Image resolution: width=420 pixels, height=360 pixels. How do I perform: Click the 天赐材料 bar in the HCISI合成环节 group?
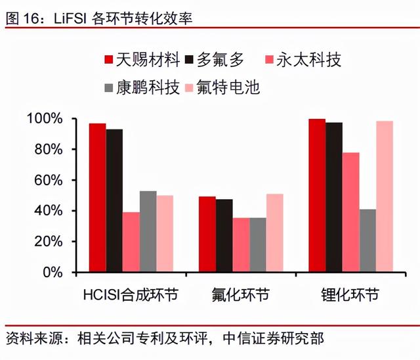(x=97, y=197)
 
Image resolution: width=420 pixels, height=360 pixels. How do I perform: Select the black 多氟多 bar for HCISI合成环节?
(x=114, y=200)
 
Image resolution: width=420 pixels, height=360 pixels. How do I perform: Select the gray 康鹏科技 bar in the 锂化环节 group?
(x=367, y=240)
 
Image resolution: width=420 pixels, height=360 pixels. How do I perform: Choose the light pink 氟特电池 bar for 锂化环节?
(x=384, y=196)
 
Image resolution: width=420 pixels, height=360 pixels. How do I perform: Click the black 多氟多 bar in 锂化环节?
(x=334, y=197)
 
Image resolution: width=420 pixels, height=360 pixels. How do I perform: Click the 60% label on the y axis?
(x=47, y=180)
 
